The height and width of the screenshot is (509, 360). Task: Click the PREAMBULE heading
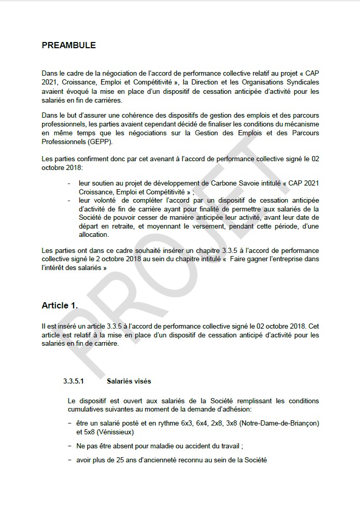tap(68, 46)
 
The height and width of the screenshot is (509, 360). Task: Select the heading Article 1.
tap(60, 306)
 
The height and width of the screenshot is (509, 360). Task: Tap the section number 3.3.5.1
tap(73, 381)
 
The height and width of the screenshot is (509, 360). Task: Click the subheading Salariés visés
tap(129, 381)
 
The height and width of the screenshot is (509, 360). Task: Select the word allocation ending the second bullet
tap(93, 235)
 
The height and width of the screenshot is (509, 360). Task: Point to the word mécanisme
tap(300, 124)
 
